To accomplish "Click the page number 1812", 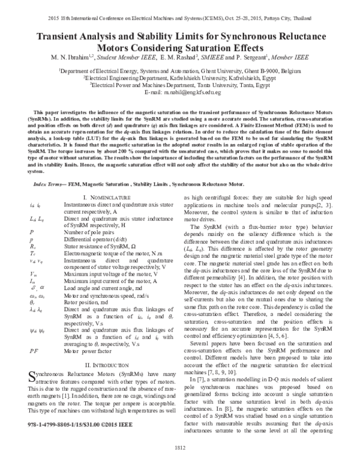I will click(x=180, y=447).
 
